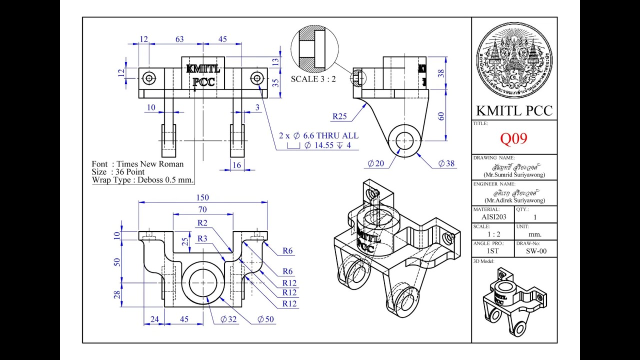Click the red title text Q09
pos(513,138)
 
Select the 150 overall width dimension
pos(203,197)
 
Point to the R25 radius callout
pos(340,116)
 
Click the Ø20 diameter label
pos(375,163)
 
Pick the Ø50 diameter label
pos(265,319)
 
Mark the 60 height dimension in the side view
pos(441,116)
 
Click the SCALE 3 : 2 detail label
pos(313,79)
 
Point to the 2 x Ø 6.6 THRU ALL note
pos(318,135)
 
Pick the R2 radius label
pos(202,222)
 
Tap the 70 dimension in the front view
pos(202,209)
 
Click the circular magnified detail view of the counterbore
pos(313,50)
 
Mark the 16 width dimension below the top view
pos(236,164)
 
